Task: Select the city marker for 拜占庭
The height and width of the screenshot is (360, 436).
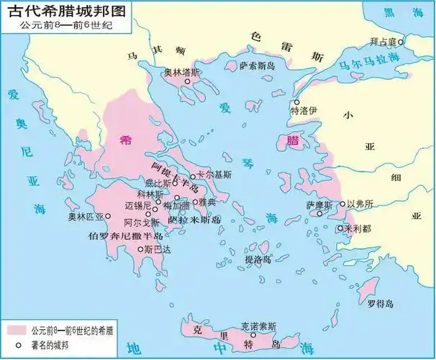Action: tap(401, 41)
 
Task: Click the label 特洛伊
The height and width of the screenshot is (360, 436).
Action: tap(303, 112)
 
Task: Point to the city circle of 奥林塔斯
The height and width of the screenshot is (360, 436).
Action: tap(186, 82)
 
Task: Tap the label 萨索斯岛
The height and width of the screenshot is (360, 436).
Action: tap(258, 66)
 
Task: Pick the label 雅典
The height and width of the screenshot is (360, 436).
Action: tap(207, 202)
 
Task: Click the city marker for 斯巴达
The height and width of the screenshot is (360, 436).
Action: tap(140, 249)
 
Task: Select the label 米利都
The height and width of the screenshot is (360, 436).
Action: tap(358, 228)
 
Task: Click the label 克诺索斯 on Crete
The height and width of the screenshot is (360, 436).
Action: tap(260, 325)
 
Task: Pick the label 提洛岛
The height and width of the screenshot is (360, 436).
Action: tap(258, 259)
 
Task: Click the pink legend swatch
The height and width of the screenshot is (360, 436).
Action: tap(14, 330)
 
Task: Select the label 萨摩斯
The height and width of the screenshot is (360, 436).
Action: tap(319, 205)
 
